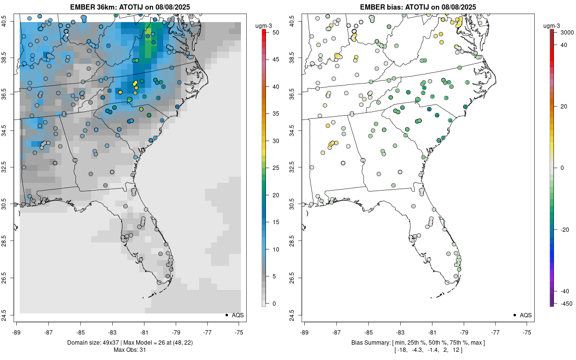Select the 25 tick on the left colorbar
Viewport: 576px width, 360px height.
pyautogui.click(x=272, y=168)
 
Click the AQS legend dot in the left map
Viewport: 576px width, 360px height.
pyautogui.click(x=226, y=315)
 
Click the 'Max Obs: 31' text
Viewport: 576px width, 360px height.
pyautogui.click(x=130, y=350)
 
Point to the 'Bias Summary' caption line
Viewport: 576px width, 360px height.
pyautogui.click(x=418, y=342)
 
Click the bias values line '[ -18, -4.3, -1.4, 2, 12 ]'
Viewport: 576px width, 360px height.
pyautogui.click(x=418, y=350)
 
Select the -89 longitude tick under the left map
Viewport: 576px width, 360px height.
pyautogui.click(x=17, y=332)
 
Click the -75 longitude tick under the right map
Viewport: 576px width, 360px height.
pyautogui.click(x=528, y=332)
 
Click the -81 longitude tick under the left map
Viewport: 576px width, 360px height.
pyautogui.click(x=144, y=332)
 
